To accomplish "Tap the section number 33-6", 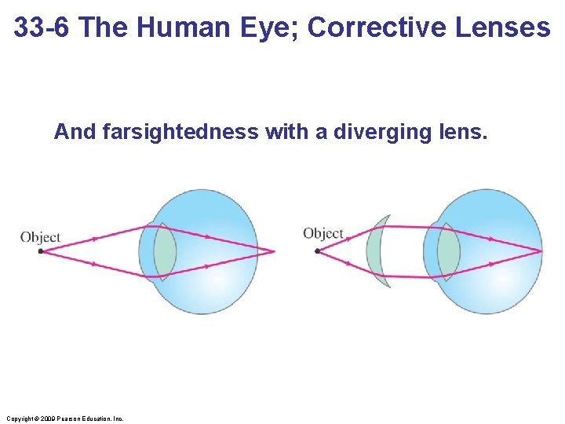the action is [44, 27].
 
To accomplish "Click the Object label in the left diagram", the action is [40, 237].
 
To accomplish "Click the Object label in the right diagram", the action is [323, 233].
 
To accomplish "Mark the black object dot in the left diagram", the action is [41, 251].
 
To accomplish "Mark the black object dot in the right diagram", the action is [317, 251].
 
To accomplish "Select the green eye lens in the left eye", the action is [164, 251].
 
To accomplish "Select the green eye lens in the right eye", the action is [447, 251].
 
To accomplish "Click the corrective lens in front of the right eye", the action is [378, 251].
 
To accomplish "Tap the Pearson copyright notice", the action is [64, 419].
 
